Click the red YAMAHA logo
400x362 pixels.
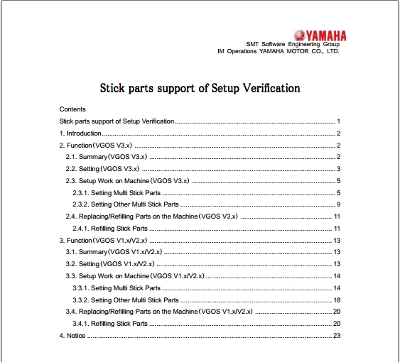[319, 35]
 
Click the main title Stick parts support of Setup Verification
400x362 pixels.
[199, 88]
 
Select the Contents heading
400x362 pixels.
[72, 109]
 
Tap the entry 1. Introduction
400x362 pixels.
[80, 133]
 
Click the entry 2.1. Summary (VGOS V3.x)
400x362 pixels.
[106, 157]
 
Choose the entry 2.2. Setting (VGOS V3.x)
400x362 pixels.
[102, 169]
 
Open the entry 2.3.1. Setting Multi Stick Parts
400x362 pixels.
[117, 193]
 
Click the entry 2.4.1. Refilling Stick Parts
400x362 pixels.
[110, 229]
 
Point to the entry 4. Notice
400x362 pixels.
[72, 336]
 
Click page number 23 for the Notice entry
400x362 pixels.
[337, 336]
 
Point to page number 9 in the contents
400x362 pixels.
[340, 204]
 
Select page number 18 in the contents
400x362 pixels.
[337, 300]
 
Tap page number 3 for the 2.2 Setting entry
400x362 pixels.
[340, 169]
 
